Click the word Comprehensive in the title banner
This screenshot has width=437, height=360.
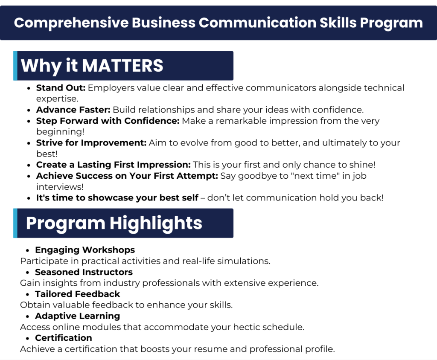coord(71,23)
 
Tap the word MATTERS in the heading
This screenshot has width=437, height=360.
coord(122,66)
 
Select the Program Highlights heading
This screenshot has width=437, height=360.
coord(114,224)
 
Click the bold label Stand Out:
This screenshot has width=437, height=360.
coord(61,88)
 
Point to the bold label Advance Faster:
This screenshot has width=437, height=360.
coord(73,110)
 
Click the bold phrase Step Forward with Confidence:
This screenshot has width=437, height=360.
coord(108,121)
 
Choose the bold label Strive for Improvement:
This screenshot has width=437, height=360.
coord(91,142)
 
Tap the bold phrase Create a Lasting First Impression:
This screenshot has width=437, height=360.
coord(114,165)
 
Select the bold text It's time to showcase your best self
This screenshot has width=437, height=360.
coord(117,197)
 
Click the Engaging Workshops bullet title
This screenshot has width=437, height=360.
coord(85,250)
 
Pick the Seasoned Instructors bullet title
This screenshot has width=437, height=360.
coord(84,272)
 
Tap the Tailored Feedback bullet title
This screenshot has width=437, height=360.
coord(78,294)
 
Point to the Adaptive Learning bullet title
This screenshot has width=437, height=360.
coord(78,316)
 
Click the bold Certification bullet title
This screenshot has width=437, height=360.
coord(64,338)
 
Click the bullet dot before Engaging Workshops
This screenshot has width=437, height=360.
coord(27,250)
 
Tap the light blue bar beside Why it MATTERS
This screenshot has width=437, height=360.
coord(15,66)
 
